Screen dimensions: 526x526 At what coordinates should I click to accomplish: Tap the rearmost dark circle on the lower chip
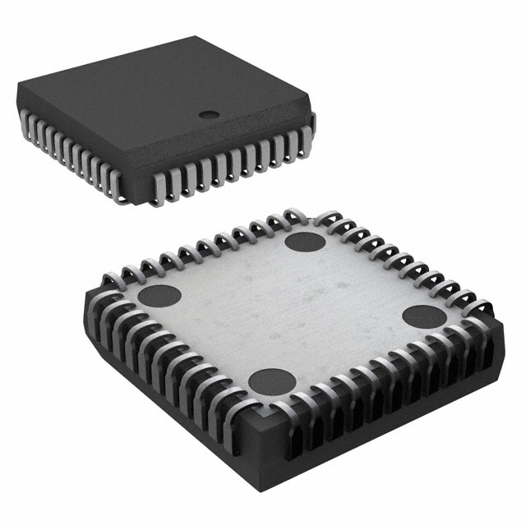(305, 242)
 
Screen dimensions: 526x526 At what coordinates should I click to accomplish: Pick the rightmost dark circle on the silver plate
(424, 316)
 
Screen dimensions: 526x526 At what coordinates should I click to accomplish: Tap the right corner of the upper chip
(313, 115)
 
